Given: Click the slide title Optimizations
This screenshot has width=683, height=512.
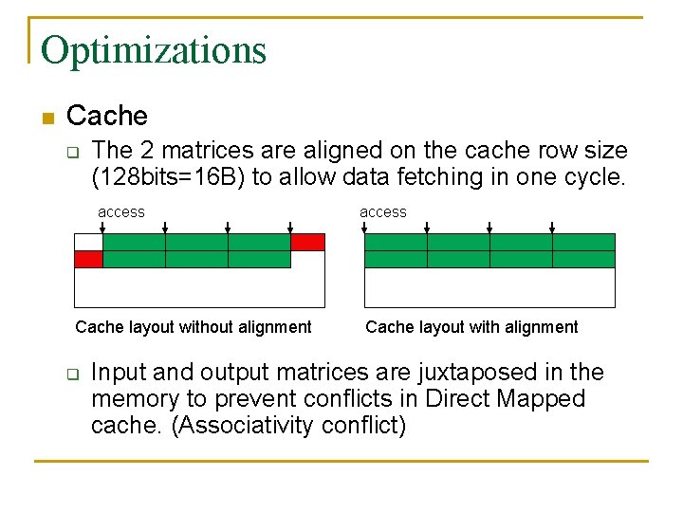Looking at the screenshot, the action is pos(154,49).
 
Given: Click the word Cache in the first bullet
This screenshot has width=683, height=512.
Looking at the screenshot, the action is pos(107,117).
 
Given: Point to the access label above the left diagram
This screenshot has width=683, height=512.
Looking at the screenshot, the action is pos(121,212).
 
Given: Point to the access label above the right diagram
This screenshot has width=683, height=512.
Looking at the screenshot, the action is pos(383,212).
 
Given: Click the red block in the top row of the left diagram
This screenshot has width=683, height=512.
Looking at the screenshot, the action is pos(307,242).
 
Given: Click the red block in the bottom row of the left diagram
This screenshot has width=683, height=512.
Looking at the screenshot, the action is pos(88,259).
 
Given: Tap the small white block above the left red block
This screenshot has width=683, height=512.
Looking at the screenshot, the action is pos(88,242).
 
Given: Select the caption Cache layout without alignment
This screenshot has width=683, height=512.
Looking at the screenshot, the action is pos(194,327).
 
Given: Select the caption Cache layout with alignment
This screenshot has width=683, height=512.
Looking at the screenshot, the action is pos(471,327).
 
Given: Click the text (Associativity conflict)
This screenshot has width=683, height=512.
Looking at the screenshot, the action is pos(288,425).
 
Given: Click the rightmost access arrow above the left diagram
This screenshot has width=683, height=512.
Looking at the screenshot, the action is pos(290,228).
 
